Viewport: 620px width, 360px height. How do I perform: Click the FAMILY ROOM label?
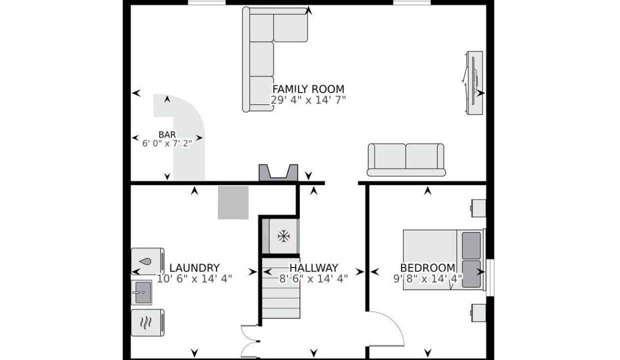click(308, 89)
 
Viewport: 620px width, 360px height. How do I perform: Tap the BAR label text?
click(167, 134)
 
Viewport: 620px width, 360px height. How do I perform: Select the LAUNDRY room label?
click(194, 268)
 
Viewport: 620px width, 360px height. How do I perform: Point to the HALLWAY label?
click(313, 268)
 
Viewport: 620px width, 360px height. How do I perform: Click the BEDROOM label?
click(427, 268)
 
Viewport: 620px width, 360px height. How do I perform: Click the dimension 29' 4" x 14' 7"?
click(308, 100)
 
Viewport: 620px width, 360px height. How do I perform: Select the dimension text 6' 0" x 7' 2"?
click(167, 143)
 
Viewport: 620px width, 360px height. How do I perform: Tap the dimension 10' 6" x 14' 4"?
click(194, 278)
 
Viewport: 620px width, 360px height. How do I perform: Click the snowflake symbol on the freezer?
click(283, 236)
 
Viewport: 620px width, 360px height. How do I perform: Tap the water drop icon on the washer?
click(145, 261)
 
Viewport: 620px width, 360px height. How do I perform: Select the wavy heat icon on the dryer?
click(146, 322)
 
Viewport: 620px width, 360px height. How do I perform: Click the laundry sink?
click(141, 292)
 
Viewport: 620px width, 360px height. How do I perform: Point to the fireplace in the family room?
click(278, 173)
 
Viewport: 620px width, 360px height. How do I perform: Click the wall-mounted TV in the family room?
click(473, 82)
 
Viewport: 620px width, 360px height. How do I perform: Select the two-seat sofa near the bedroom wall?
click(406, 160)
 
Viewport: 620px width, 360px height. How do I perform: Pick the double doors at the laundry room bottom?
click(250, 341)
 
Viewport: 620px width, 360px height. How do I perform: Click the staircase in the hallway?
click(281, 288)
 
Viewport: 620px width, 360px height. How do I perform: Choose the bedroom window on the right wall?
click(490, 277)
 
